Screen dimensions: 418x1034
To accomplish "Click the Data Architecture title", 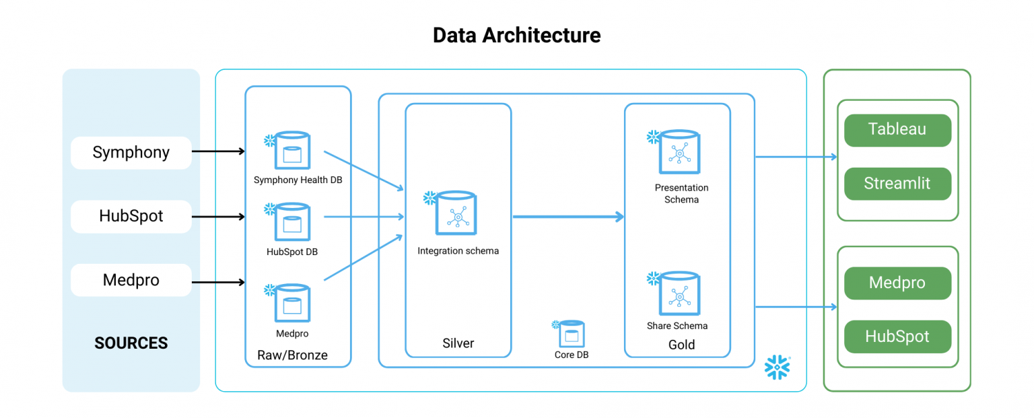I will click(516, 35).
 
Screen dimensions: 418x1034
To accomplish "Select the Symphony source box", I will click(131, 152).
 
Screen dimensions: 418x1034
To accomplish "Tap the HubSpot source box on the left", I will click(131, 217).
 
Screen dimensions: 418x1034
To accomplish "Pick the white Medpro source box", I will click(131, 280).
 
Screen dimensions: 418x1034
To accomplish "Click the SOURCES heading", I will click(131, 343).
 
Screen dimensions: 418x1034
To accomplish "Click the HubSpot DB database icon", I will click(291, 223).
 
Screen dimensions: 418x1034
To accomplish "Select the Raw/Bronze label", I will click(292, 355).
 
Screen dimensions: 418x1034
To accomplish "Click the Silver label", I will click(458, 343).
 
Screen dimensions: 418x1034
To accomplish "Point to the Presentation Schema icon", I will click(679, 151).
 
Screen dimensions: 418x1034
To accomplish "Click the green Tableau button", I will click(897, 130).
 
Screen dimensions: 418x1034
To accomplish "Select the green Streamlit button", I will click(897, 183).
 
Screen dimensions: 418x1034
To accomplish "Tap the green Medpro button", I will click(897, 283).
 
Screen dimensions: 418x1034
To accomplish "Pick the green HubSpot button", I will click(897, 337).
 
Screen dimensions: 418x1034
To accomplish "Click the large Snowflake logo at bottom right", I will click(778, 368).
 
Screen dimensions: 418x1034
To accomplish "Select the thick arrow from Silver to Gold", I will click(569, 217).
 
